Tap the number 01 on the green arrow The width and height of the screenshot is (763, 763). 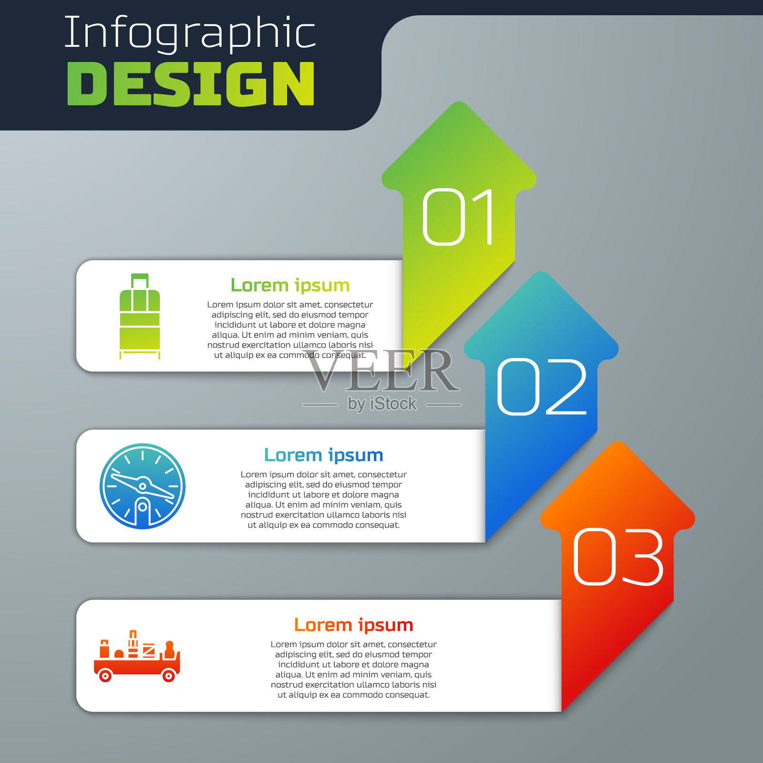458,217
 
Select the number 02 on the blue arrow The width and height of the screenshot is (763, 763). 542,387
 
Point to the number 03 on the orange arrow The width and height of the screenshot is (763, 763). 618,557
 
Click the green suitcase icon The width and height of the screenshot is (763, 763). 140,316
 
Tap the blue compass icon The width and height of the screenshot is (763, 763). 142,486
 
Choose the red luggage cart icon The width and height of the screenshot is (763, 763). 137,656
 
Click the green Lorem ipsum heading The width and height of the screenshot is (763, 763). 290,285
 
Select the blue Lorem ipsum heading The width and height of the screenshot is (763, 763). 324,455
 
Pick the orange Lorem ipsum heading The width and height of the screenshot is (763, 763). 353,625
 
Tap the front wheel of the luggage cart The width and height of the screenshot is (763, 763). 168,676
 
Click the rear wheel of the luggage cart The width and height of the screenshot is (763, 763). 105,676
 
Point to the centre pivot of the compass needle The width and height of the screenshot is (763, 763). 142,486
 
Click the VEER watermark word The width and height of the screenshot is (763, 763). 382,371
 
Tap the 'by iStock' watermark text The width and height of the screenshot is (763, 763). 382,404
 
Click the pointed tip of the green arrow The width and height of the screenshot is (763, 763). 459,102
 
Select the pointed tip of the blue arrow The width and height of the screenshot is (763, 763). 541,272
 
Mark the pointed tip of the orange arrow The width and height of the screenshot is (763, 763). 618,442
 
